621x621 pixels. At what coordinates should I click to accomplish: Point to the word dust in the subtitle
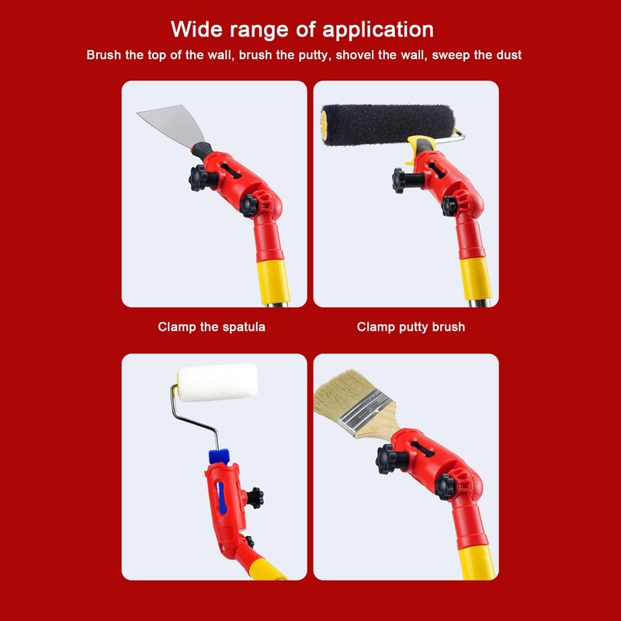click(508, 56)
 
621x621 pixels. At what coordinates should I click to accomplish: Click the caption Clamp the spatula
click(211, 327)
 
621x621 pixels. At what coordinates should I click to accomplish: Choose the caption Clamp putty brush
click(411, 327)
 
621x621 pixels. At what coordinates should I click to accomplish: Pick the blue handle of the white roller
click(218, 457)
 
